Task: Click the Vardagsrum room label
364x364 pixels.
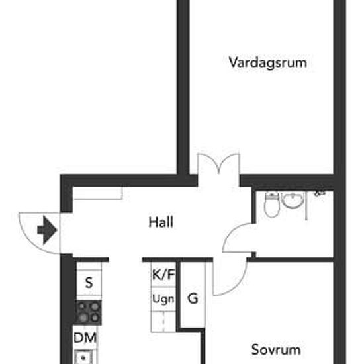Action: click(x=267, y=63)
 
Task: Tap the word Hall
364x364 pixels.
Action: click(x=161, y=222)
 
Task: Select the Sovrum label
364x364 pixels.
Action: click(x=276, y=349)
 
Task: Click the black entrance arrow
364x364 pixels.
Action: click(x=47, y=230)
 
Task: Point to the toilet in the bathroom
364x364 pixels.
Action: click(x=272, y=205)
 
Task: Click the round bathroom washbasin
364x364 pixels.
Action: click(x=293, y=200)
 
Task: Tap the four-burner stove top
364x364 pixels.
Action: click(x=89, y=312)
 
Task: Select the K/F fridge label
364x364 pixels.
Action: click(x=163, y=275)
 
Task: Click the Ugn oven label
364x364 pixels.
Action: click(x=163, y=299)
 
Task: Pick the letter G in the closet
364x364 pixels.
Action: click(x=193, y=298)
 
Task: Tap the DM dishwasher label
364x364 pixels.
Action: click(x=85, y=338)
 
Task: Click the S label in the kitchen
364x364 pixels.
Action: click(x=89, y=283)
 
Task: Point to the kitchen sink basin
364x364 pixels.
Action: click(x=83, y=357)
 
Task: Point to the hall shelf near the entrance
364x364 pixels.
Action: click(x=98, y=193)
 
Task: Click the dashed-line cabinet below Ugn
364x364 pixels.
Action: click(x=163, y=322)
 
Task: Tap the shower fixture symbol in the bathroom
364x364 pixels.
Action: click(x=320, y=193)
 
